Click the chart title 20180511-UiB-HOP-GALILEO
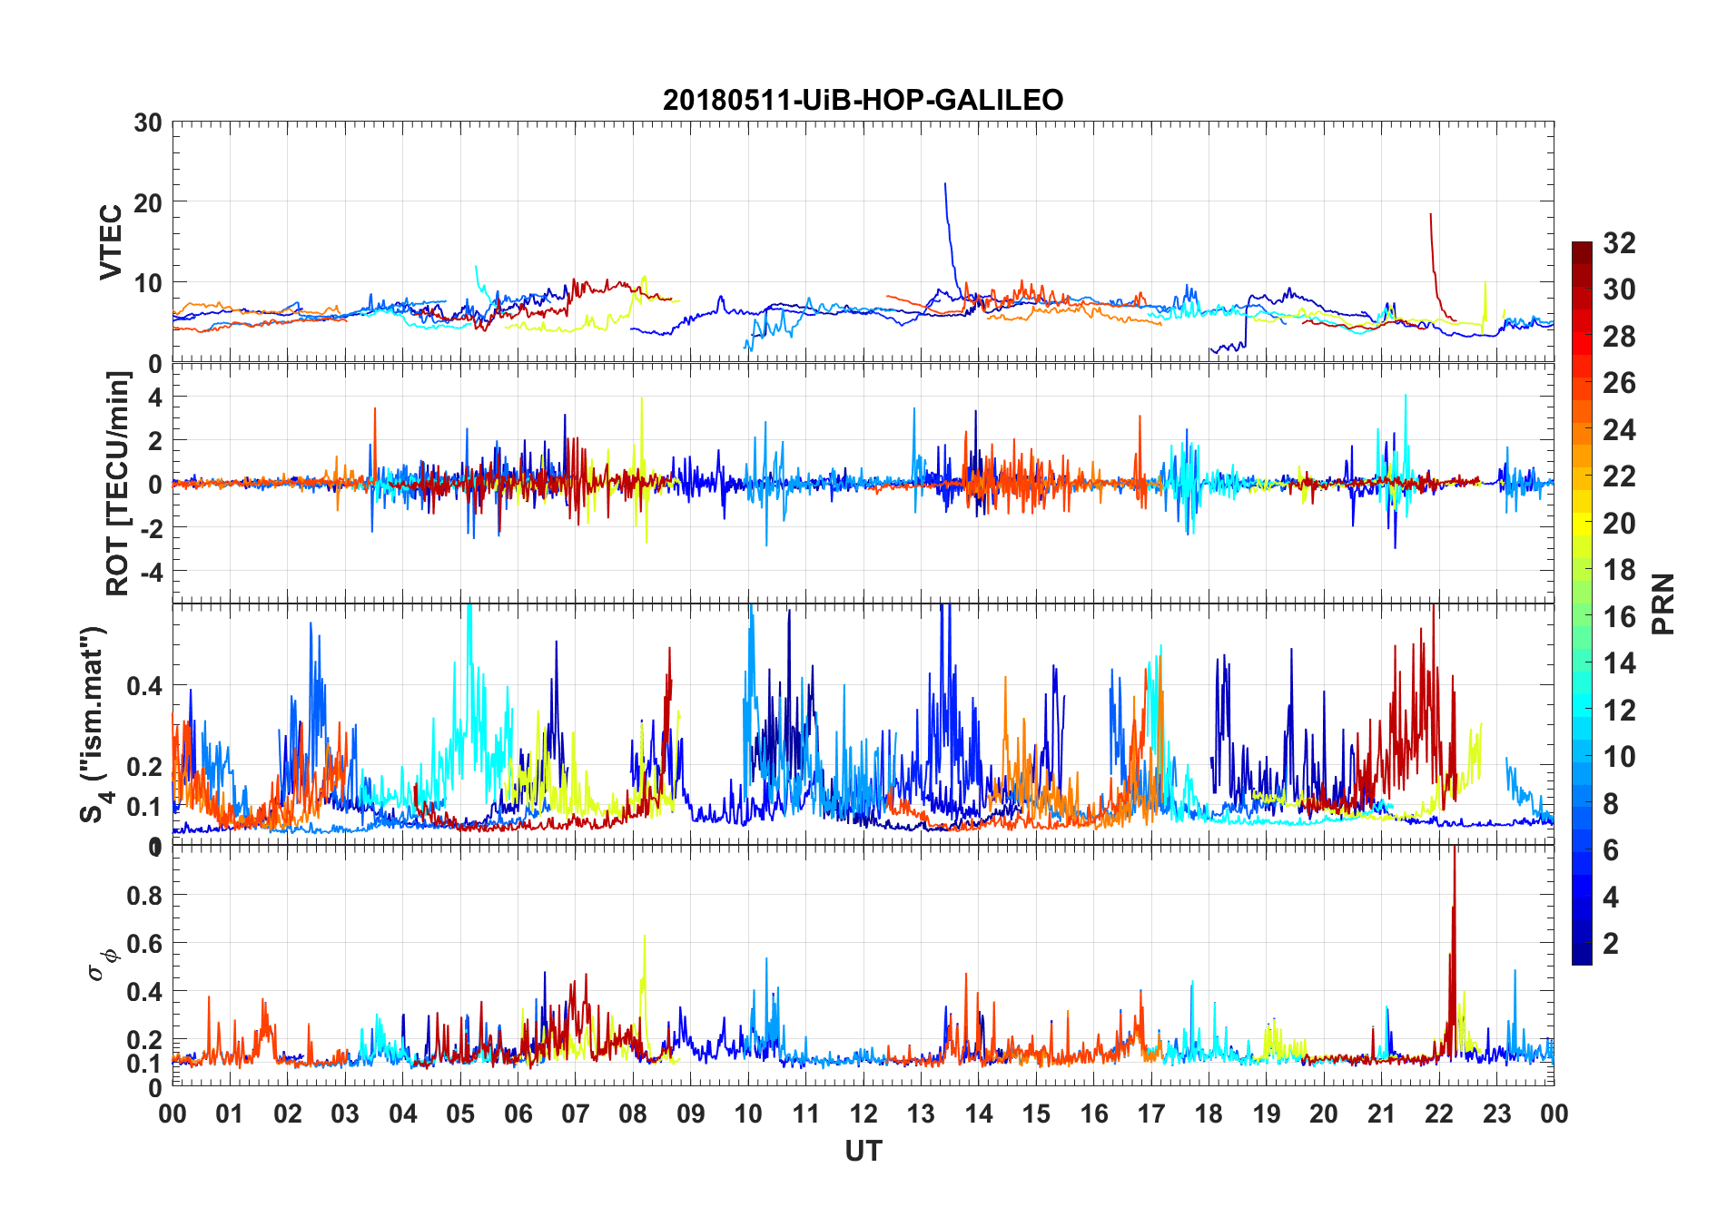(x=863, y=100)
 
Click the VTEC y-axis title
(x=111, y=242)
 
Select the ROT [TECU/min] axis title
(x=118, y=483)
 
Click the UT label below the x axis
(x=863, y=1152)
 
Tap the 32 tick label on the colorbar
(x=1619, y=243)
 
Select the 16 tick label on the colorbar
(x=1619, y=617)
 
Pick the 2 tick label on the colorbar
(x=1611, y=944)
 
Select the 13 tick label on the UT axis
(x=921, y=1114)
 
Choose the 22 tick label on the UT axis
(x=1439, y=1114)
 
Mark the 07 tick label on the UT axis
(x=576, y=1114)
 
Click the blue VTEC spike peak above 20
(x=945, y=184)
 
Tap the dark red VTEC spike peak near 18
(x=1430, y=214)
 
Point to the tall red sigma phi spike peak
(x=1455, y=848)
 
